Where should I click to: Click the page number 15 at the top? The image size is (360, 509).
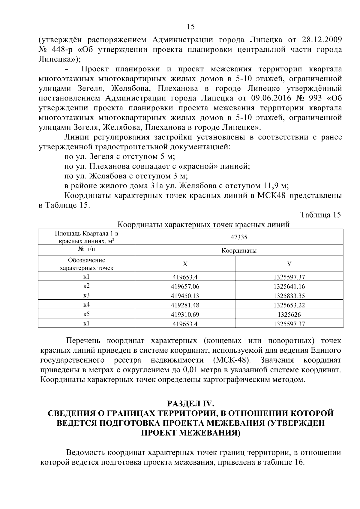click(190, 27)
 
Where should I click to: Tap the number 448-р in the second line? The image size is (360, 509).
click(59, 49)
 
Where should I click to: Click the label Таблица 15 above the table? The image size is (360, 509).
click(320, 215)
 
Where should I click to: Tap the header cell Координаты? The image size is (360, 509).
click(239, 250)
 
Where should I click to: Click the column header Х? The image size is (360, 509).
click(185, 264)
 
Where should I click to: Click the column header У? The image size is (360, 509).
click(289, 264)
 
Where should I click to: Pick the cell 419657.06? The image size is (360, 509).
click(185, 286)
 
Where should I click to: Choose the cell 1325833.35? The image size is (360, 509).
click(289, 296)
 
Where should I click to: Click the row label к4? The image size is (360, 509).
click(86, 305)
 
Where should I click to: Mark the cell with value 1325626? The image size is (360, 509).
click(289, 314)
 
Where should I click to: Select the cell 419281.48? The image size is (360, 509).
click(185, 305)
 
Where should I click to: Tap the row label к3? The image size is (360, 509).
click(86, 295)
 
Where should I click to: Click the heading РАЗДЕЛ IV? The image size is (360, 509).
click(190, 403)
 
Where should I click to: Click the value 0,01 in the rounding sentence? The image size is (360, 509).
click(190, 370)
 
